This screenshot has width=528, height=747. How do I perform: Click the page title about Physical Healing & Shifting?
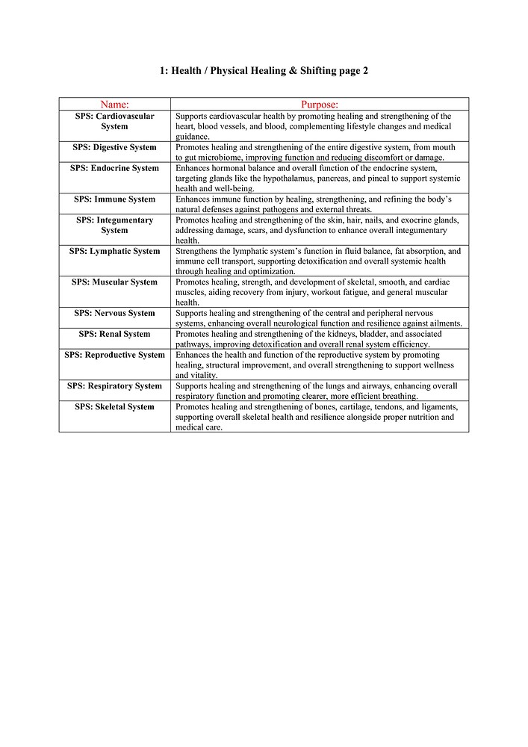tap(264, 71)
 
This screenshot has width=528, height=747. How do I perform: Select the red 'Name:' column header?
tap(114, 105)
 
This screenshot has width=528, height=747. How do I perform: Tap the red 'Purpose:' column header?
tap(320, 105)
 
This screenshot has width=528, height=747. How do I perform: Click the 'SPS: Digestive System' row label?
tap(114, 147)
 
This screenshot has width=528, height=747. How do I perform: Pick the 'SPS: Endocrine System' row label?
tap(114, 168)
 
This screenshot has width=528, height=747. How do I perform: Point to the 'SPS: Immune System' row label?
tap(114, 199)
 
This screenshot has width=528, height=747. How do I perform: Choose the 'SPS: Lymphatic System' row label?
tap(114, 251)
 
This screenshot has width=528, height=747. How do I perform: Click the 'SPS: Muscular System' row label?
tap(114, 282)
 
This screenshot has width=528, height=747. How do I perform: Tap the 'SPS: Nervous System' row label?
tap(114, 313)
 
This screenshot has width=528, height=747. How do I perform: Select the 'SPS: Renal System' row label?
tap(114, 334)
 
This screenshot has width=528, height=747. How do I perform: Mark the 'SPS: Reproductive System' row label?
tap(114, 355)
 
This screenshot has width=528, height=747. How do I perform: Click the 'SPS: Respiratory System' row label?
tap(114, 386)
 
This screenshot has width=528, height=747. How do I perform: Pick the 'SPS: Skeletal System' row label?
tap(114, 407)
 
